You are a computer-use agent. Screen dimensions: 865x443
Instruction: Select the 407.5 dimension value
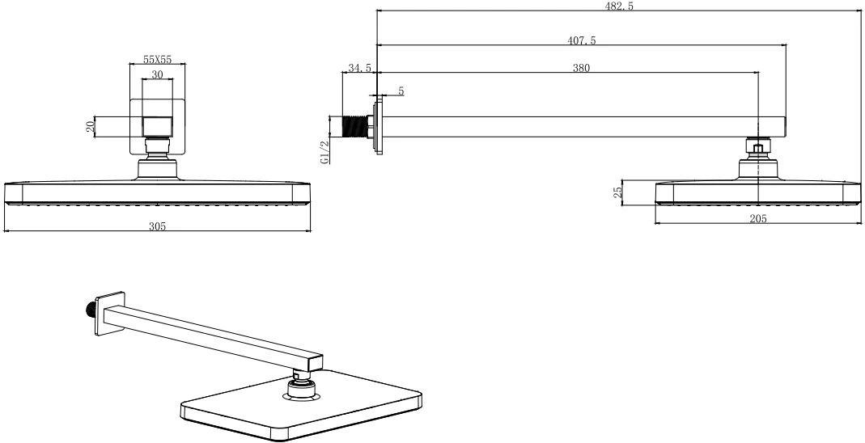tap(582, 40)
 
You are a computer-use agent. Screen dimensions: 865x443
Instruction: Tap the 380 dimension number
tap(582, 68)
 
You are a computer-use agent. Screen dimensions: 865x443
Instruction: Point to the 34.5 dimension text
tap(359, 68)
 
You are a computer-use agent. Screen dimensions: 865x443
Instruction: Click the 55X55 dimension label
tap(157, 59)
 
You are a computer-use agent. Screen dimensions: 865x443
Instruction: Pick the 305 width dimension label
tap(158, 226)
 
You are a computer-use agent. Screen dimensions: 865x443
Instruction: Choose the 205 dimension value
tap(758, 218)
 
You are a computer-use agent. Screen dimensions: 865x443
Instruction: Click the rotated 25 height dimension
tap(618, 192)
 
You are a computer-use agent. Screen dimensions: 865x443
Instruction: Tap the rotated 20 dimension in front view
tap(91, 127)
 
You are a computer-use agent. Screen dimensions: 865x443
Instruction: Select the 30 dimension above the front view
tap(157, 75)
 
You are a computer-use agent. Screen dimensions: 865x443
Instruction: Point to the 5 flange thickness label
tap(401, 91)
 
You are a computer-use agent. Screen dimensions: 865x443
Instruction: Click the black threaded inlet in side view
tap(356, 126)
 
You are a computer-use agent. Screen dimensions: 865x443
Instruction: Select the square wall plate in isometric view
tap(109, 313)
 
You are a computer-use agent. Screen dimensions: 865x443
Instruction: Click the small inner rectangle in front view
tap(157, 127)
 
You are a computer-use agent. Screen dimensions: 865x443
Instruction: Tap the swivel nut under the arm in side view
tap(758, 146)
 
